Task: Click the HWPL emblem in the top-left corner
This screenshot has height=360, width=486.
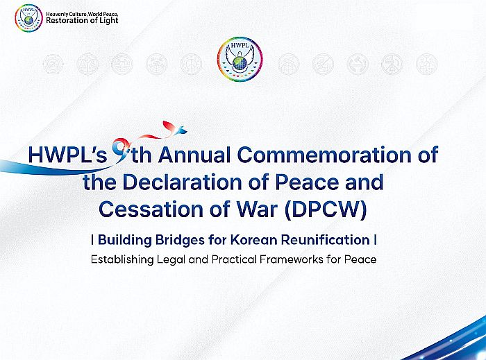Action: coord(28,17)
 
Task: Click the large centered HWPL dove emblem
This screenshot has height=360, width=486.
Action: coord(240,59)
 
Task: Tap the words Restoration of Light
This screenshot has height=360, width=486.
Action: coord(82,21)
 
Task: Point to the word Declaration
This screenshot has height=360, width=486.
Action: coord(182,182)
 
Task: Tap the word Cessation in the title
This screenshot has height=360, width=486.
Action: coord(151,209)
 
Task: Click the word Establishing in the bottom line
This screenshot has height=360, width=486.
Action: coord(122,259)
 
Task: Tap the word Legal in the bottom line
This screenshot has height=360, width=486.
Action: coord(171,259)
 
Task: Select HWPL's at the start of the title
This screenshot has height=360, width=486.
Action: coord(67,155)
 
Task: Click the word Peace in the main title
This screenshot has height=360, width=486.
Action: coord(306,182)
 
